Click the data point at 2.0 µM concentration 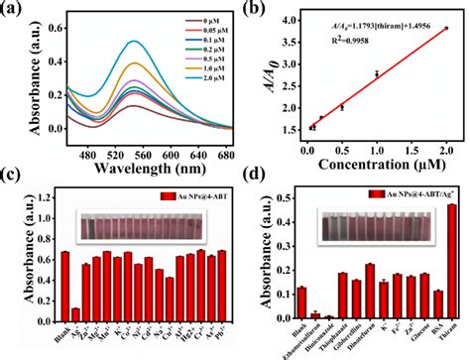[446, 29]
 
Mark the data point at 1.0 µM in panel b [377, 73]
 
